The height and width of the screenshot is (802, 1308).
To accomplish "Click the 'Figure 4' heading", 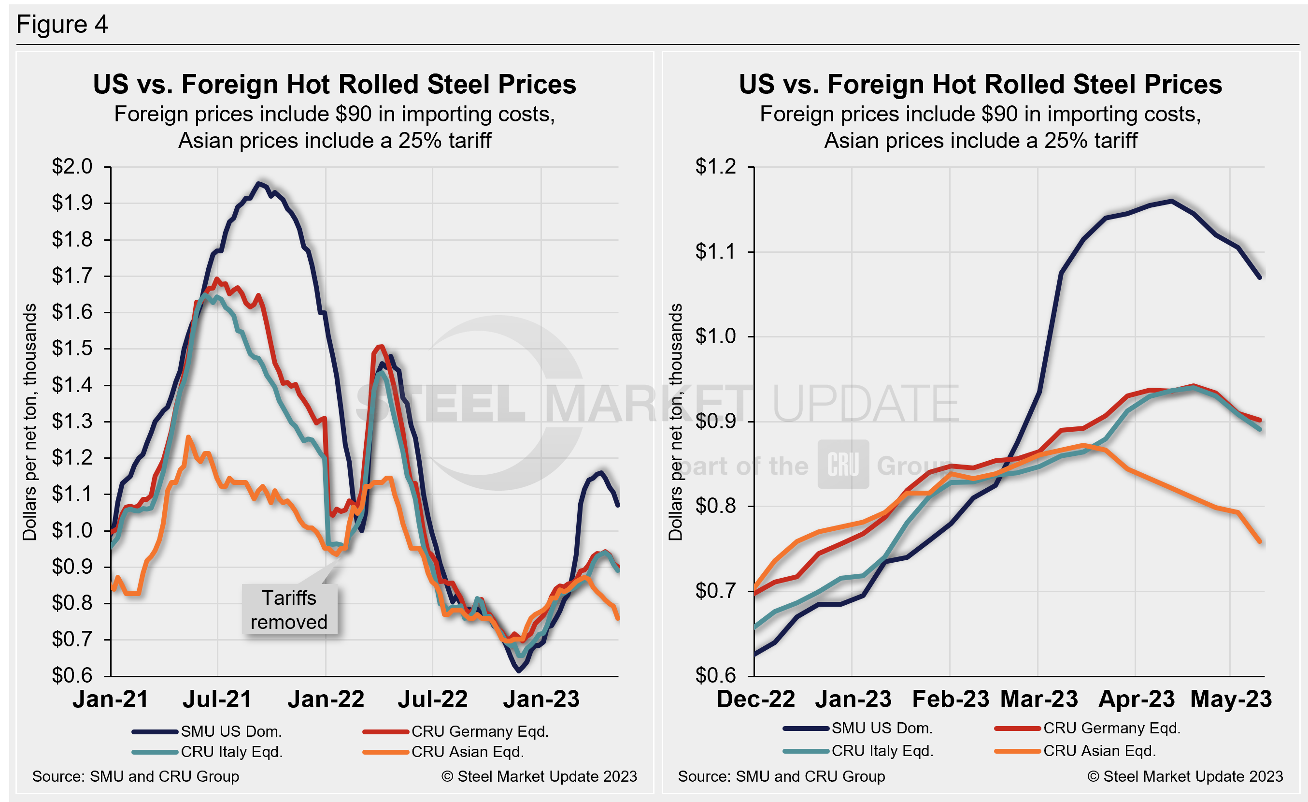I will coord(62,25).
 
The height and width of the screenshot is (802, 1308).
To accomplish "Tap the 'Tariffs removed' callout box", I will coord(289,609).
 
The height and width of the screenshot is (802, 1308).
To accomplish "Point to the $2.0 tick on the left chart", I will coord(72,167).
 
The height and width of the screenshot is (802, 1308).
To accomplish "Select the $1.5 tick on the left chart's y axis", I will coord(72,349).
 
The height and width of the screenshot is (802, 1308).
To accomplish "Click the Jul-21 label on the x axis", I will coord(217,699).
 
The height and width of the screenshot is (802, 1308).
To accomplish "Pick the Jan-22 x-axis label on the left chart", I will coord(326,699).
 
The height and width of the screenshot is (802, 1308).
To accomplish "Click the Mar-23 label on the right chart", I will coord(1039,699).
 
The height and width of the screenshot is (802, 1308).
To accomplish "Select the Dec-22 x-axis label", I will coord(755,699).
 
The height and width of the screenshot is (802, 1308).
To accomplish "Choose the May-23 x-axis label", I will coord(1231,699).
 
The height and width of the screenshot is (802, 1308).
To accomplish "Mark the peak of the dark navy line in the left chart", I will coord(258,184).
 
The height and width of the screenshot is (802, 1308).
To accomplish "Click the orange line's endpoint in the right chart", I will coord(1260,542).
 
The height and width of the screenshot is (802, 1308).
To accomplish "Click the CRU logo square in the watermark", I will coord(843,464).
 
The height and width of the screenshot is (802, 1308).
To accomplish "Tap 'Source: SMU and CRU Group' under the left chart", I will coord(136,776).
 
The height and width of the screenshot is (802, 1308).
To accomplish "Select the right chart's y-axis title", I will coord(675,422).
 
